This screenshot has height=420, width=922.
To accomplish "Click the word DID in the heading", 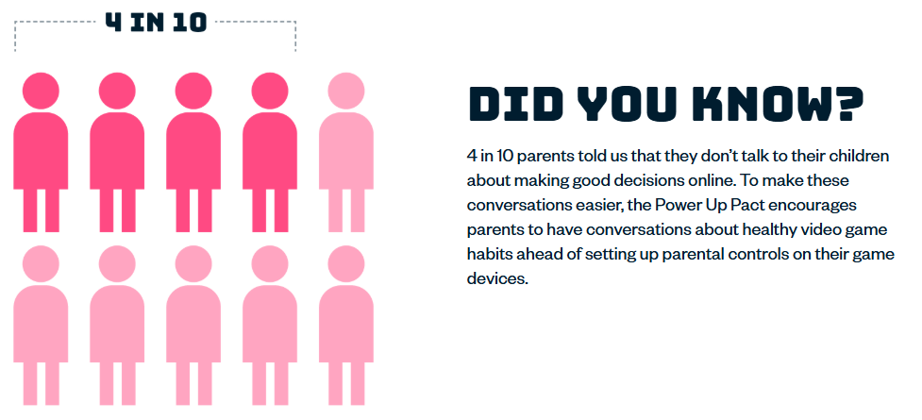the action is tap(513, 104).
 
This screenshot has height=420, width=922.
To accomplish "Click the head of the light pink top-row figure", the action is tap(346, 91).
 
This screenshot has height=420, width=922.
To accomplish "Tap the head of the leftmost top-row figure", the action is tap(41, 91).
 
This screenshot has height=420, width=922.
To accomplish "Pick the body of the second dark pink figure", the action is tap(117, 151).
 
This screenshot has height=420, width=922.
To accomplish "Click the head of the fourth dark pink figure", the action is tap(270, 91).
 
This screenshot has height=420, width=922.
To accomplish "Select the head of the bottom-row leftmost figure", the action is tap(41, 263).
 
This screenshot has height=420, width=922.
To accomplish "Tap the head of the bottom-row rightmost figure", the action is tap(346, 263).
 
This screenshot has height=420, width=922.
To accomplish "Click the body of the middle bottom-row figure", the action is tap(193, 324).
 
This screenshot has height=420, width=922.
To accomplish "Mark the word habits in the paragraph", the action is tap(486, 254).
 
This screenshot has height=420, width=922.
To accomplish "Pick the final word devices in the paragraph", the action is tap(498, 278).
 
